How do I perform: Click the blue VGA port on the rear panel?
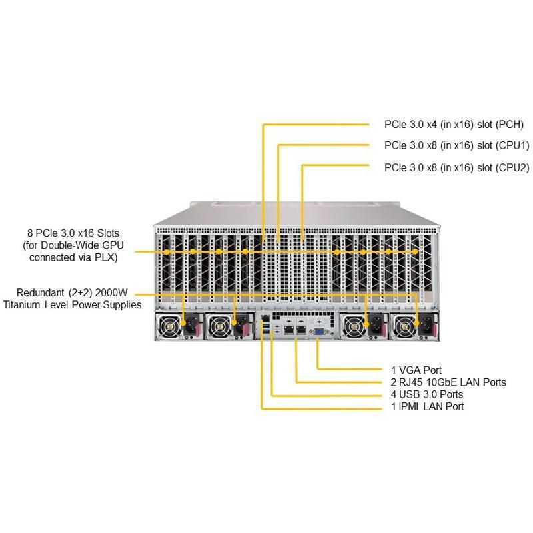click(318, 328)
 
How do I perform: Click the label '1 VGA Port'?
click(416, 370)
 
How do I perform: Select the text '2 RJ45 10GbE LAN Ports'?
click(448, 382)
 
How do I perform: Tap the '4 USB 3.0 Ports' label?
click(426, 394)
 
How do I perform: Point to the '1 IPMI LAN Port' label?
click(427, 406)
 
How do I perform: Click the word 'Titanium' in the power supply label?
click(23, 305)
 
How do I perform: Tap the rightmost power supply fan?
click(406, 326)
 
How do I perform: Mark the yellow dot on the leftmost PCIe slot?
click(166, 252)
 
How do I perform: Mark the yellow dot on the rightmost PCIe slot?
click(417, 252)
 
